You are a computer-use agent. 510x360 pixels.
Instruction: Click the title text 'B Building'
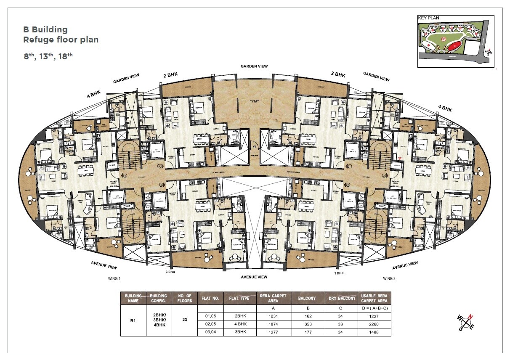click(45, 29)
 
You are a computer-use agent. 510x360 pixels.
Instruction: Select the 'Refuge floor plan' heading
click(61, 40)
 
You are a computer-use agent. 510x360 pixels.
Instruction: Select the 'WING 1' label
click(114, 279)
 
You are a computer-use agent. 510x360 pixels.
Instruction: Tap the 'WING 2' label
click(389, 279)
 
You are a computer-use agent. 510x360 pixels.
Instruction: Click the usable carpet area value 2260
click(374, 324)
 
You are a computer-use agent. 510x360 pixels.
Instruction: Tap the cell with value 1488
click(374, 332)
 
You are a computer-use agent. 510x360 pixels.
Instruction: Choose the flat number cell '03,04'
click(210, 332)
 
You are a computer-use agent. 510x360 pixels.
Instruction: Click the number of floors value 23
click(185, 319)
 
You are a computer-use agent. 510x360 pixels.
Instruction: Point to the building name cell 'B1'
click(133, 320)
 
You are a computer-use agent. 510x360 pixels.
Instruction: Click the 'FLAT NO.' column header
click(210, 299)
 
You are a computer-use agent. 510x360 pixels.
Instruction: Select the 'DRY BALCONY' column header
click(342, 299)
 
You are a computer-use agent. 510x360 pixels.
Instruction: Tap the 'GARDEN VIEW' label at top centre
click(254, 66)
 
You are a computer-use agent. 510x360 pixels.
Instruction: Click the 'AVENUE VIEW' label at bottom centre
click(254, 277)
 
